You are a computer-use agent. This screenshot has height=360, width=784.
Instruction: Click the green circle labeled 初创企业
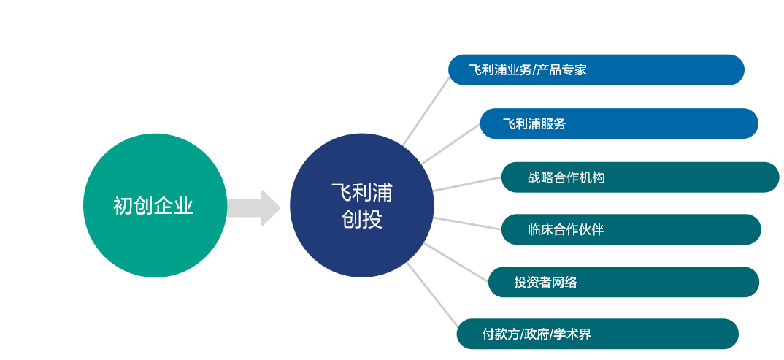click(x=155, y=205)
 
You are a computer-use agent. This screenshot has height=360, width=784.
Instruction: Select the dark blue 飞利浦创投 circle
click(x=362, y=205)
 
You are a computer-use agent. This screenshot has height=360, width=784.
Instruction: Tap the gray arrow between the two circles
click(x=254, y=207)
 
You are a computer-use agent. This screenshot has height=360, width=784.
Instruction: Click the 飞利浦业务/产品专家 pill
click(x=596, y=69)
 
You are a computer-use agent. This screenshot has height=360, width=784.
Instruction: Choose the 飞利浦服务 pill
click(x=619, y=123)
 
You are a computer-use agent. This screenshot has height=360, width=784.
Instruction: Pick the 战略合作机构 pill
click(x=640, y=177)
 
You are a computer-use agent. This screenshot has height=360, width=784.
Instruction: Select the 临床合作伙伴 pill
click(x=631, y=229)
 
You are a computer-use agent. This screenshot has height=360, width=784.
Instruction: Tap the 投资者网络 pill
click(x=623, y=282)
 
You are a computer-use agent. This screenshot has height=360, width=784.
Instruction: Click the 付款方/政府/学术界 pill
click(x=598, y=334)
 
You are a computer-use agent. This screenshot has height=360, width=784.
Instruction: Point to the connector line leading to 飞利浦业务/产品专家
click(x=426, y=111)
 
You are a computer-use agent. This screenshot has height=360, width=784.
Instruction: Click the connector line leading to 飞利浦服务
click(x=450, y=144)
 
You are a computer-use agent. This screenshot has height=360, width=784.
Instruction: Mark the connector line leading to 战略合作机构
click(x=467, y=184)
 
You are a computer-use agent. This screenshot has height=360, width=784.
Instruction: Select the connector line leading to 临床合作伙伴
click(x=467, y=223)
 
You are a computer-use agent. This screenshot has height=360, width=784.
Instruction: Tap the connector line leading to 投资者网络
click(x=456, y=262)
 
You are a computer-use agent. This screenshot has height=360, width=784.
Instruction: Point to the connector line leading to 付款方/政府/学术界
click(x=432, y=294)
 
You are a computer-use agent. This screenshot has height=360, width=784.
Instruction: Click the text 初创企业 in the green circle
click(x=153, y=206)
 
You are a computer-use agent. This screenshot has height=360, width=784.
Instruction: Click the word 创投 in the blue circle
click(x=362, y=219)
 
